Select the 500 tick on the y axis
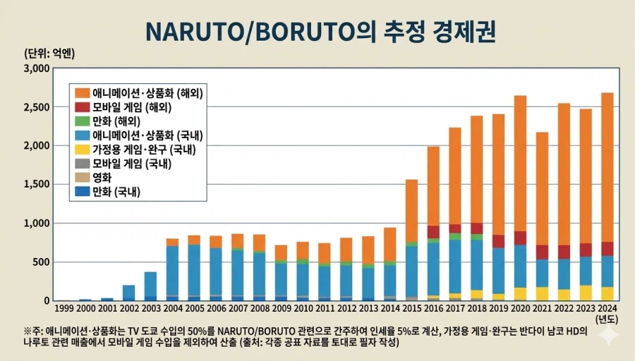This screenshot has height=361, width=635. click(x=40, y=262)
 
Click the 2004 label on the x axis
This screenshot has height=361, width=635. click(x=172, y=307)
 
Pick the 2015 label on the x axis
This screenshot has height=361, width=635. click(x=411, y=307)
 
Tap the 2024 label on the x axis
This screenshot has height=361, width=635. click(x=607, y=307)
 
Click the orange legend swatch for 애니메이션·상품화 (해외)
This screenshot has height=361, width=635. click(x=82, y=93)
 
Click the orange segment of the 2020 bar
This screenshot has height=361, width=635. click(x=520, y=162)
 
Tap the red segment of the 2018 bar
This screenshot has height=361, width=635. click(x=477, y=228)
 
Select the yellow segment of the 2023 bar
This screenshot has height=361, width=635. click(x=586, y=292)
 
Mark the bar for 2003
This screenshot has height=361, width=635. click(x=150, y=286)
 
